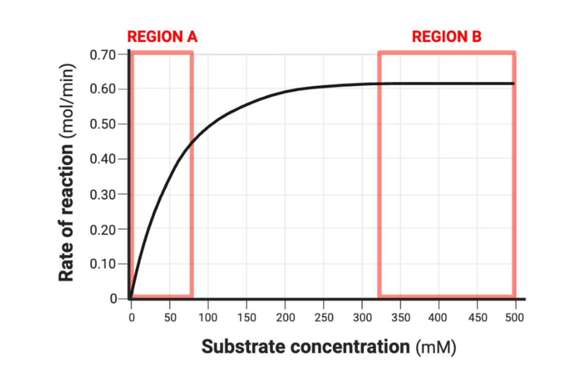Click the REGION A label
pos(162,37)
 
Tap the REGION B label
pos(447,37)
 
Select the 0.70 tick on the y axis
pos(102,54)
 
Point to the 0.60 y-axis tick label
pos(102,89)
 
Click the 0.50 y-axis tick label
pos(102,124)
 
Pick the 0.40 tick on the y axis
pos(102,159)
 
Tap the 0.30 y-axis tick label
pos(102,194)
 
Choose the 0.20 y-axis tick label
pos(102,229)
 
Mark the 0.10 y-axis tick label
pos(102,264)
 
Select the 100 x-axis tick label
pos(208,318)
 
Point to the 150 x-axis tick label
pos(246,318)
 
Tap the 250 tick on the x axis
pos(323,318)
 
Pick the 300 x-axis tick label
pos(362,318)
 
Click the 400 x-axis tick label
pos(439,318)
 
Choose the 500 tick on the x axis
pos(516,318)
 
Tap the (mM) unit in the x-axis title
pos(436,347)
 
